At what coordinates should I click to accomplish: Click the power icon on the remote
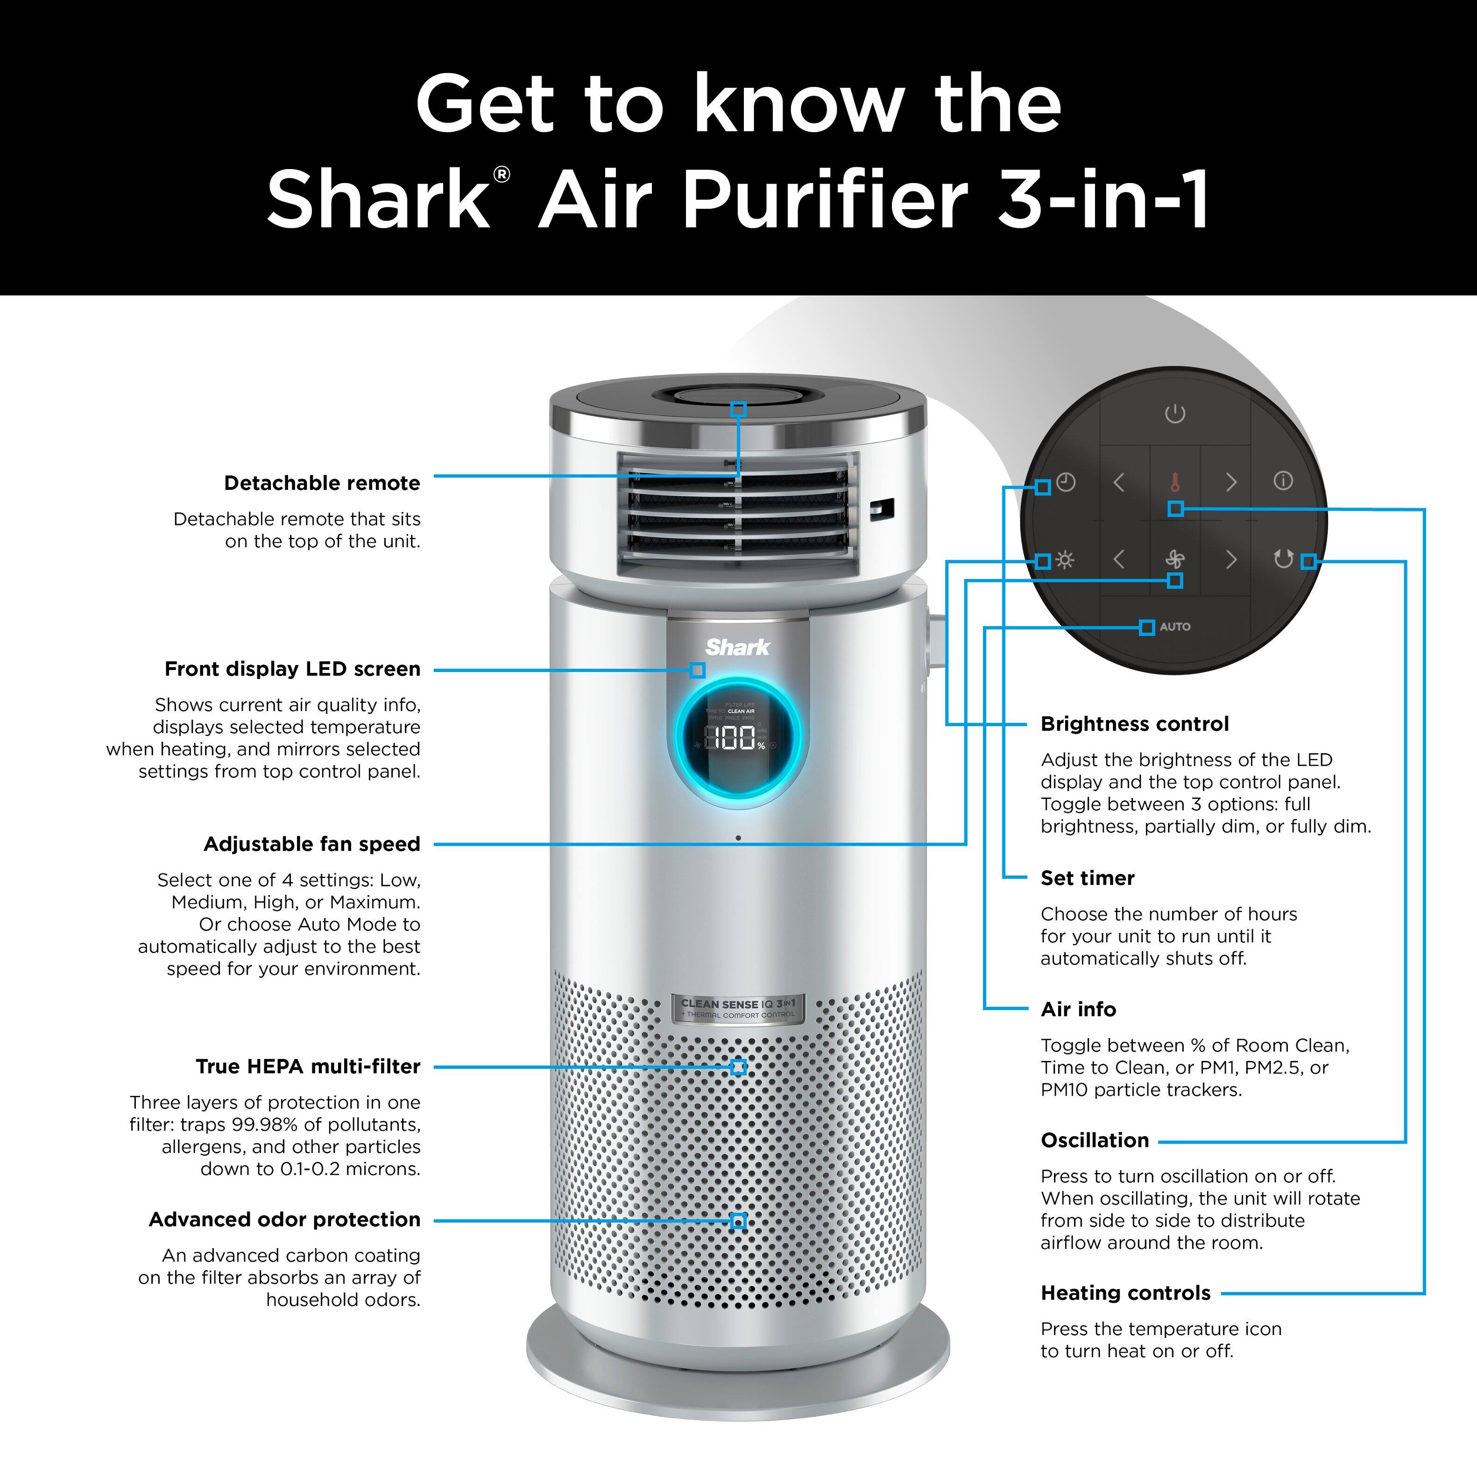click(x=1175, y=414)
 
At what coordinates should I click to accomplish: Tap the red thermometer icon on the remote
click(x=1175, y=482)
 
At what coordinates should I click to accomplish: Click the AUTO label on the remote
click(x=1175, y=627)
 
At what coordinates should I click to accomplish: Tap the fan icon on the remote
click(x=1175, y=559)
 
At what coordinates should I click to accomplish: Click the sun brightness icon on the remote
click(x=1065, y=560)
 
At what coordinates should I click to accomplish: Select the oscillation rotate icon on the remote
click(x=1284, y=559)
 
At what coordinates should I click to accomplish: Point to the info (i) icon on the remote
click(x=1284, y=481)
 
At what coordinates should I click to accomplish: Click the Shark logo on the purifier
click(x=738, y=648)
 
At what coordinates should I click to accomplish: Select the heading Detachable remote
click(x=322, y=483)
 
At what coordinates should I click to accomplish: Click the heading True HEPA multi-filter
click(x=308, y=1067)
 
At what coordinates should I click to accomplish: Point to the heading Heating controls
click(x=1125, y=1293)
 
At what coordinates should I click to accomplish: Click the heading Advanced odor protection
click(x=284, y=1219)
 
